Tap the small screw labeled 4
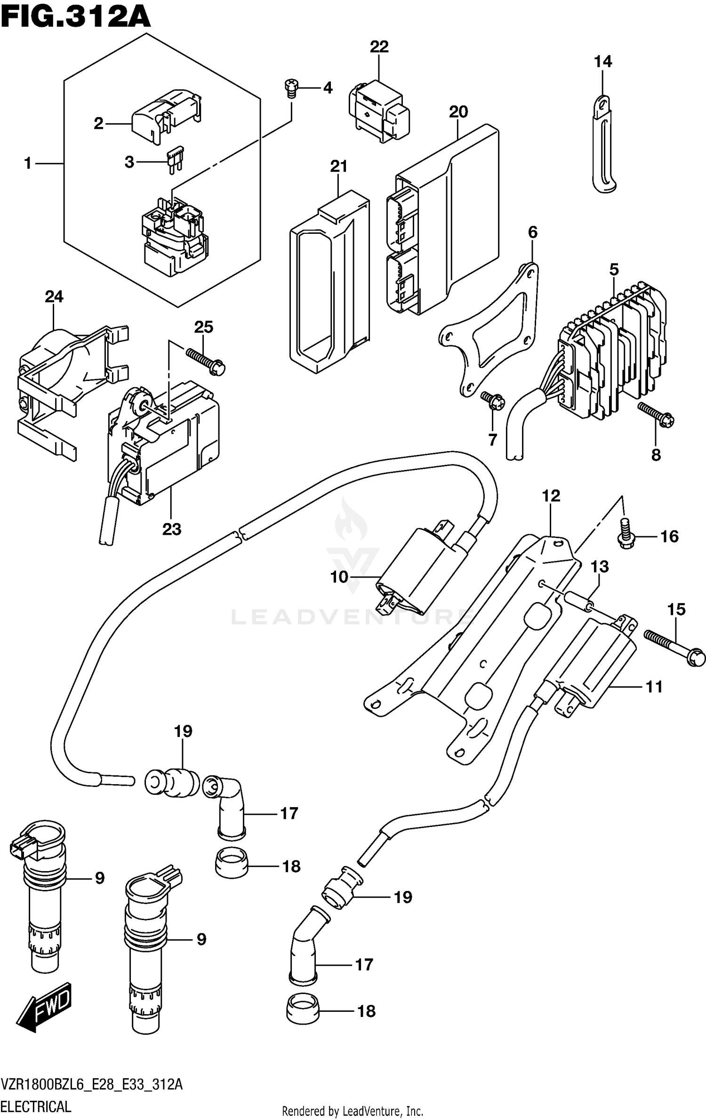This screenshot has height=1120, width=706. (291, 88)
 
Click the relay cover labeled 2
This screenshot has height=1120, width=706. (165, 115)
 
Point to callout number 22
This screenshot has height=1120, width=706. (379, 47)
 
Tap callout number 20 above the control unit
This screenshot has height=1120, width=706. (458, 112)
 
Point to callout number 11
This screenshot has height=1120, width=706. (654, 687)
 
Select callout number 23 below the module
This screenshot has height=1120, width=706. (172, 529)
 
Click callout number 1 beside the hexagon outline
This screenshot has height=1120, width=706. (28, 164)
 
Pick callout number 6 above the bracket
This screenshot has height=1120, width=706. (532, 232)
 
